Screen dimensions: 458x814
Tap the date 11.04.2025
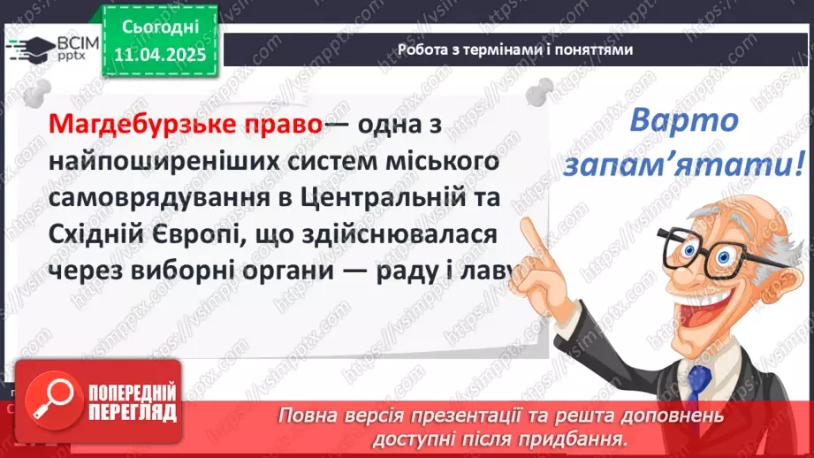pos(161,56)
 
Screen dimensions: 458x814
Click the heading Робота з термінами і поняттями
pos(515,50)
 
